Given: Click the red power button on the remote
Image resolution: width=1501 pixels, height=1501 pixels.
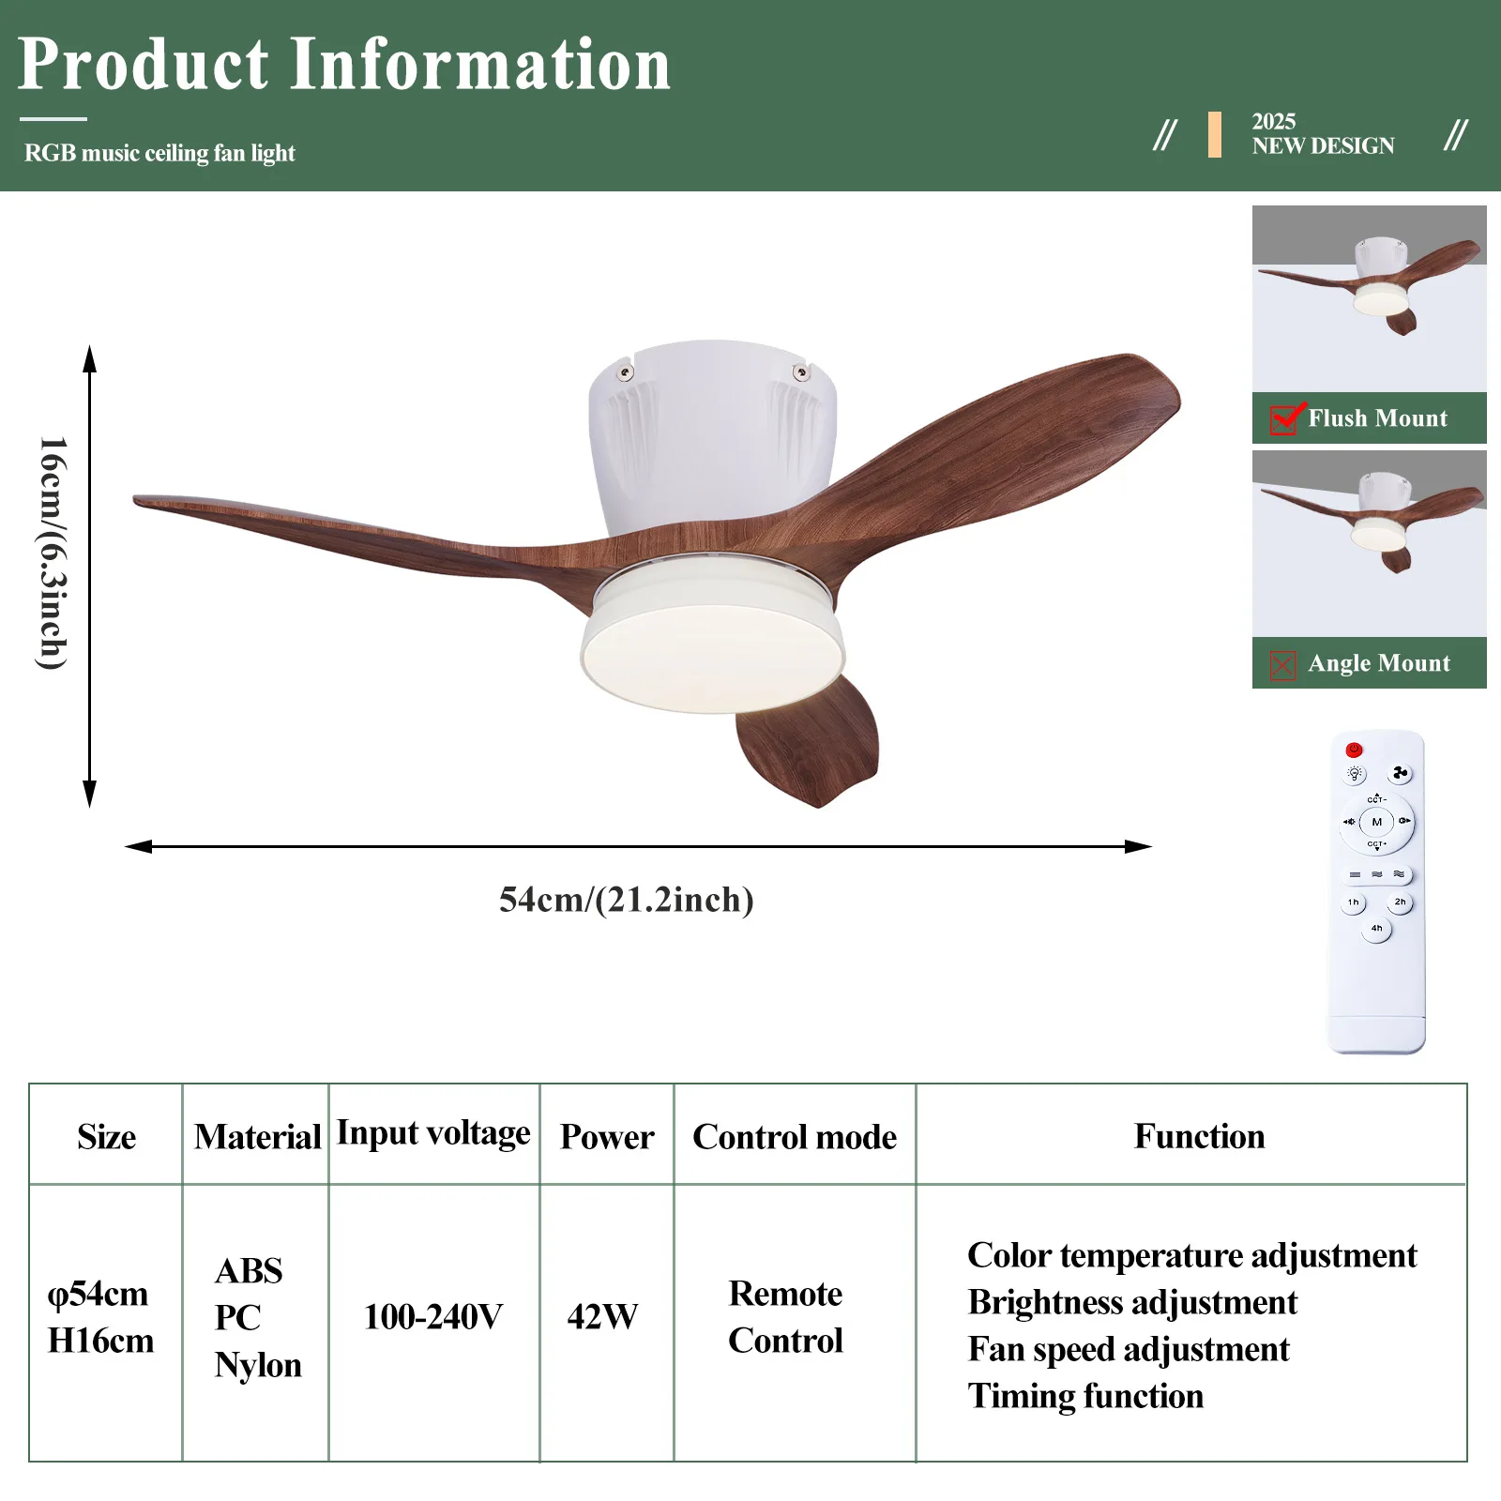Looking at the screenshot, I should coord(1354,750).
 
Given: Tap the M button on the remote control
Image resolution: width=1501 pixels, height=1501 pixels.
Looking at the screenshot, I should coord(1376,822).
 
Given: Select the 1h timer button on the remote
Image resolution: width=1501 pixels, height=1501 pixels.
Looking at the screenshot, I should coord(1353,902).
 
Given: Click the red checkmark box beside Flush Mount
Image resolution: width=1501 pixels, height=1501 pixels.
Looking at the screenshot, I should coord(1284,419).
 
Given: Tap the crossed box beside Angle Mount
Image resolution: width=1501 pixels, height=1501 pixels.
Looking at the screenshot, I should coord(1282,665).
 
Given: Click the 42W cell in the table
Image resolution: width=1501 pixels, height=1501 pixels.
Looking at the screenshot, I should coord(602,1316).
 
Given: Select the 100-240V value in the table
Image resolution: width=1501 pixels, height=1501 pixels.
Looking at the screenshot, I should coord(433,1316).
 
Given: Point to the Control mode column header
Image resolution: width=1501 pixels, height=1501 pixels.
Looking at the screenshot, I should coord(795,1136).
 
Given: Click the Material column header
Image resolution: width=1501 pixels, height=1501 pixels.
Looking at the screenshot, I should coord(257,1136).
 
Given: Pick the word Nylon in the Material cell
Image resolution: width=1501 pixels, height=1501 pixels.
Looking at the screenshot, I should coord(258,1365).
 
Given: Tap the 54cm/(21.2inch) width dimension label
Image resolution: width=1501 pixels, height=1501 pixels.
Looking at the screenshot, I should coord(627,899).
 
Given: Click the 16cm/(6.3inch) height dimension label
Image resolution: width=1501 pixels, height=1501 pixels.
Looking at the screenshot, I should coord(53,553).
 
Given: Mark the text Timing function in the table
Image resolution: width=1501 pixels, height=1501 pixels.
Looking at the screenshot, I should coord(1085,1396).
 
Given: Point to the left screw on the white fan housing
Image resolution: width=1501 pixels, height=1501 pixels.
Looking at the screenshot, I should coord(625,373).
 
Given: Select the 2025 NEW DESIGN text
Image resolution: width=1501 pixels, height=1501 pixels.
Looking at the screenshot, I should coord(1323,134).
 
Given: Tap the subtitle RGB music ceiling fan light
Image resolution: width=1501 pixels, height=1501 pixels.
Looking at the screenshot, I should coord(159,153).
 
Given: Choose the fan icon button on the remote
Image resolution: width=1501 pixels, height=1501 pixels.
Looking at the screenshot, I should coord(1400,773).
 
